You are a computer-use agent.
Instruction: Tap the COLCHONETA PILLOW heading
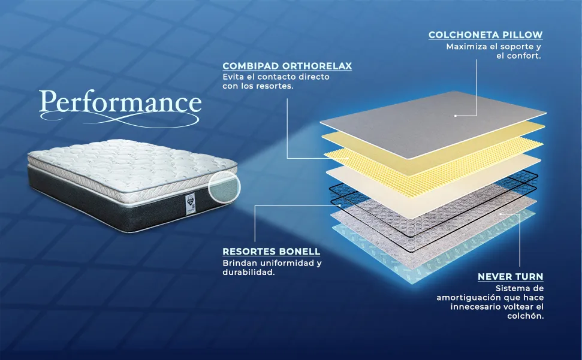coord(485,35)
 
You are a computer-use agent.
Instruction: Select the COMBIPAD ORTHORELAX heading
coord(287,66)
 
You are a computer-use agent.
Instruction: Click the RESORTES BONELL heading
coord(272,252)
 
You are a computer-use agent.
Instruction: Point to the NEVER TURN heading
coord(510,277)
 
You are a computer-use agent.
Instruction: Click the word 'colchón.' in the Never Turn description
coord(526,316)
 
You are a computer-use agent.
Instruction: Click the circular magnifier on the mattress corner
coord(224,187)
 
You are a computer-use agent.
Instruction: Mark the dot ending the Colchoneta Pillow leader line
coord(456,116)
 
